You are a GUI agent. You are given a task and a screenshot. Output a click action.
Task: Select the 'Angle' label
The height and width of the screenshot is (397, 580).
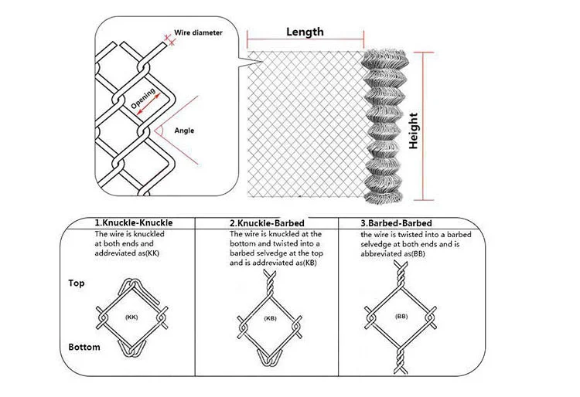(x=184, y=131)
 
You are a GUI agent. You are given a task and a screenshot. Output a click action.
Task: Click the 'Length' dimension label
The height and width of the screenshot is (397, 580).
(x=305, y=32)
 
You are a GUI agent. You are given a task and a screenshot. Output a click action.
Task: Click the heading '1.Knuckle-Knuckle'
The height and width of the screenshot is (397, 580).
(x=133, y=222)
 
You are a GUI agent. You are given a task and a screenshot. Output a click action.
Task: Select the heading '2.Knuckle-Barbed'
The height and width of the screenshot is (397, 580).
(x=268, y=223)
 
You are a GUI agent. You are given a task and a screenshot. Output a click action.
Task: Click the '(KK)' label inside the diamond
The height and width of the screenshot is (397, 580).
(x=131, y=317)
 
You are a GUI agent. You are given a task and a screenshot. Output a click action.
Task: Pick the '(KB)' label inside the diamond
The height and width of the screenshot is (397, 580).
(x=270, y=318)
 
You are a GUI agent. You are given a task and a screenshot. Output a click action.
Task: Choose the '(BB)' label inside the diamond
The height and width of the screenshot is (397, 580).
(x=401, y=317)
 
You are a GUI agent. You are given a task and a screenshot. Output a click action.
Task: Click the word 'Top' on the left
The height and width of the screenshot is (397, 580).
(x=77, y=283)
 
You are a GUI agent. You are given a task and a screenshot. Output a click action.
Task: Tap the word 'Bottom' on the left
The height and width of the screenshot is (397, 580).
(x=84, y=347)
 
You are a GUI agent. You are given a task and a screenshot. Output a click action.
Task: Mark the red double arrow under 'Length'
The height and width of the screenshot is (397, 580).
(x=305, y=43)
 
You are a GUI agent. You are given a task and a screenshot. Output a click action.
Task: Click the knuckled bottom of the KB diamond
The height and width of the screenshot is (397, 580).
(x=270, y=358)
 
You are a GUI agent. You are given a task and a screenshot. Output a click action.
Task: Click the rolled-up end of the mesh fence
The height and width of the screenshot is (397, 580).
(x=384, y=124)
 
